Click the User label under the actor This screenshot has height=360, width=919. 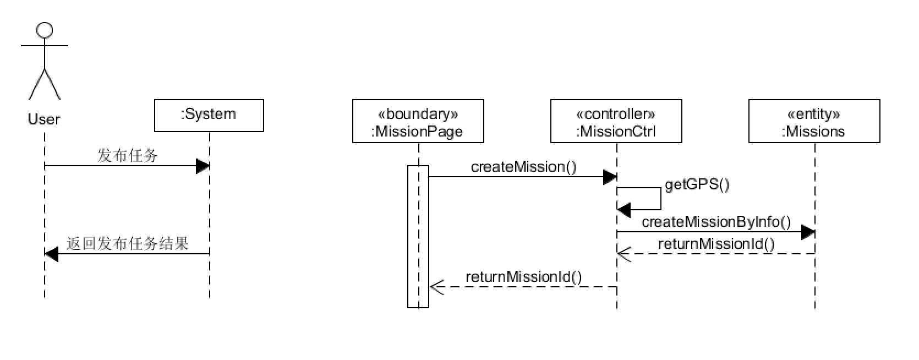tap(44, 119)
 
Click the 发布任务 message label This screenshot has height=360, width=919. tap(128, 156)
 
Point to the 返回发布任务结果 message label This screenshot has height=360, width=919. tap(128, 243)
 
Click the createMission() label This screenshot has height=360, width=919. tap(524, 167)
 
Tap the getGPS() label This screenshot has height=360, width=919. tap(697, 184)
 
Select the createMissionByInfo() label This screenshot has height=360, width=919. tap(716, 222)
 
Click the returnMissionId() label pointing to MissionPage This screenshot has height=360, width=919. tap(524, 277)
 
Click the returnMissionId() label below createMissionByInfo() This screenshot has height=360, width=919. tap(716, 244)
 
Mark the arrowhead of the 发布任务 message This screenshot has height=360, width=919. tap(203, 166)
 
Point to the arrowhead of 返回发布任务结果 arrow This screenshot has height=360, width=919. tap(51, 254)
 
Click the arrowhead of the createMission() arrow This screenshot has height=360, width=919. tap(610, 177)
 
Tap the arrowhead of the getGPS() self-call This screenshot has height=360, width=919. tap(624, 210)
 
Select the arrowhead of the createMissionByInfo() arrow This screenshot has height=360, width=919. tap(808, 232)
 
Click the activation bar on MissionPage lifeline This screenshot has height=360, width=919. tap(418, 237)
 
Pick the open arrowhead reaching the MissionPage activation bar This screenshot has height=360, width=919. tap(437, 287)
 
